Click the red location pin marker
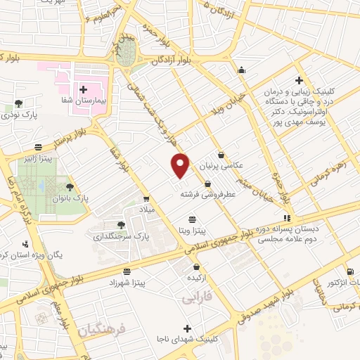[181, 165]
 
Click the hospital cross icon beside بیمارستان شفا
[84, 89]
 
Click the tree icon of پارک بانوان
[69, 187]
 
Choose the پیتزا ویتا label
[191, 231]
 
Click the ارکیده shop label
[196, 279]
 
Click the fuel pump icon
[350, 272]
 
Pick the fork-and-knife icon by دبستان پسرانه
[286, 219]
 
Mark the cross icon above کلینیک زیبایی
[300, 81]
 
